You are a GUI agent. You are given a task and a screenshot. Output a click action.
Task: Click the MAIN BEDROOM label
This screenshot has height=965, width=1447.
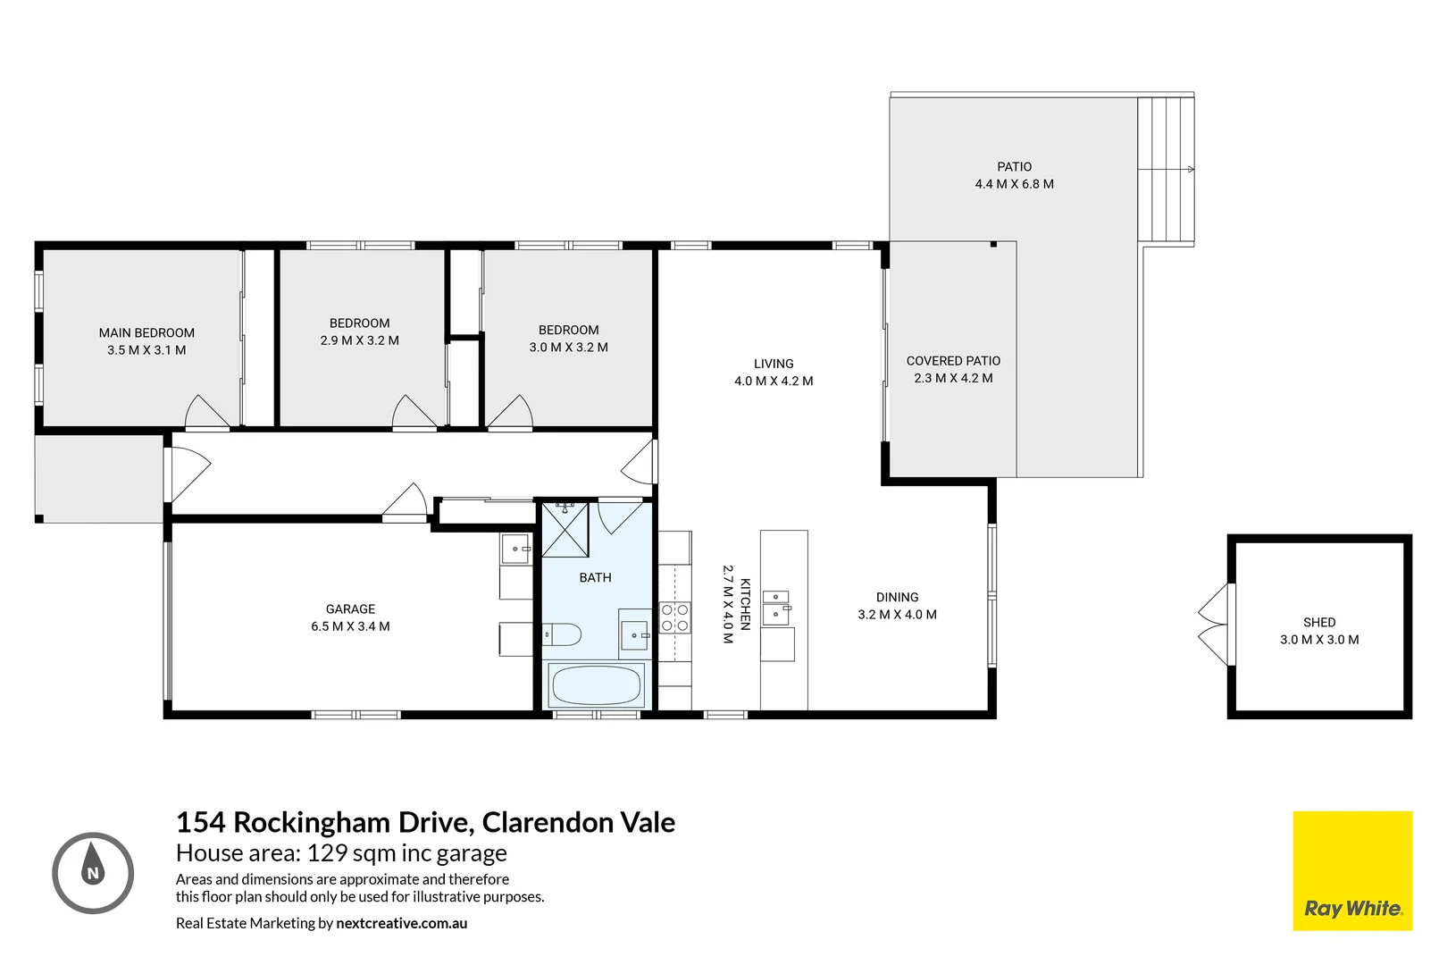(146, 332)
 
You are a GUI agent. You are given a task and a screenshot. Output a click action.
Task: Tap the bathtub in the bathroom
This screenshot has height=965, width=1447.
(597, 686)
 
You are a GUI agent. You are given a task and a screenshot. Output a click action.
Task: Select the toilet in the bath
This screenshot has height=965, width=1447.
(562, 635)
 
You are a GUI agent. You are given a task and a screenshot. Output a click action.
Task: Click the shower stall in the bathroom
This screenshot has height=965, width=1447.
(565, 530)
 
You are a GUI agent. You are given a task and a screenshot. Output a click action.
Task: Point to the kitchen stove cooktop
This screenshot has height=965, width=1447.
(674, 617)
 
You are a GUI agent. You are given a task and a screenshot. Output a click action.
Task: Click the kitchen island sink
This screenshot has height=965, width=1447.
(775, 607)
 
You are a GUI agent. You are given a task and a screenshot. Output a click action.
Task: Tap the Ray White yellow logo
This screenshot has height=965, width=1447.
(1352, 870)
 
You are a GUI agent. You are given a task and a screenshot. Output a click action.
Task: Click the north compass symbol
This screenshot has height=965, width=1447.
(93, 873)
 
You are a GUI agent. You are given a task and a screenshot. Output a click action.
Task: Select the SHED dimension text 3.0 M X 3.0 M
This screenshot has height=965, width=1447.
(1319, 640)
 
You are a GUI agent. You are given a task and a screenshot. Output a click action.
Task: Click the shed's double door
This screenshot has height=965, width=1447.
(1215, 625)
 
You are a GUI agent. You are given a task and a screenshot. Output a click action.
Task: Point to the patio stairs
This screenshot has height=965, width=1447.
(1166, 169)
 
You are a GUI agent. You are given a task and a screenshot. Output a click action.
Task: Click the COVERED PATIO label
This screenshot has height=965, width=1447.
(953, 361)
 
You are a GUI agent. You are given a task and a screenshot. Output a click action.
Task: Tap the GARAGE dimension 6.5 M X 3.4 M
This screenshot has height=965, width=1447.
(350, 626)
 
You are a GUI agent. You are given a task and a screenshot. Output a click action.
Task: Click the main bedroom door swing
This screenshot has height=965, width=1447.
(206, 412)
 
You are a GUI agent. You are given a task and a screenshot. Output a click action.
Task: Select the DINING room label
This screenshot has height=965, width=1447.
(897, 597)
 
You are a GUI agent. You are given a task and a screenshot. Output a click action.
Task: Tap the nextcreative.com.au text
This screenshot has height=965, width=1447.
(401, 923)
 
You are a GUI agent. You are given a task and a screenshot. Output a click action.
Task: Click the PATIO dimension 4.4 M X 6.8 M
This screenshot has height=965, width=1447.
(1014, 184)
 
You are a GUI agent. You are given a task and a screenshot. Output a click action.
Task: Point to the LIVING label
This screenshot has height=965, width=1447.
(774, 364)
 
